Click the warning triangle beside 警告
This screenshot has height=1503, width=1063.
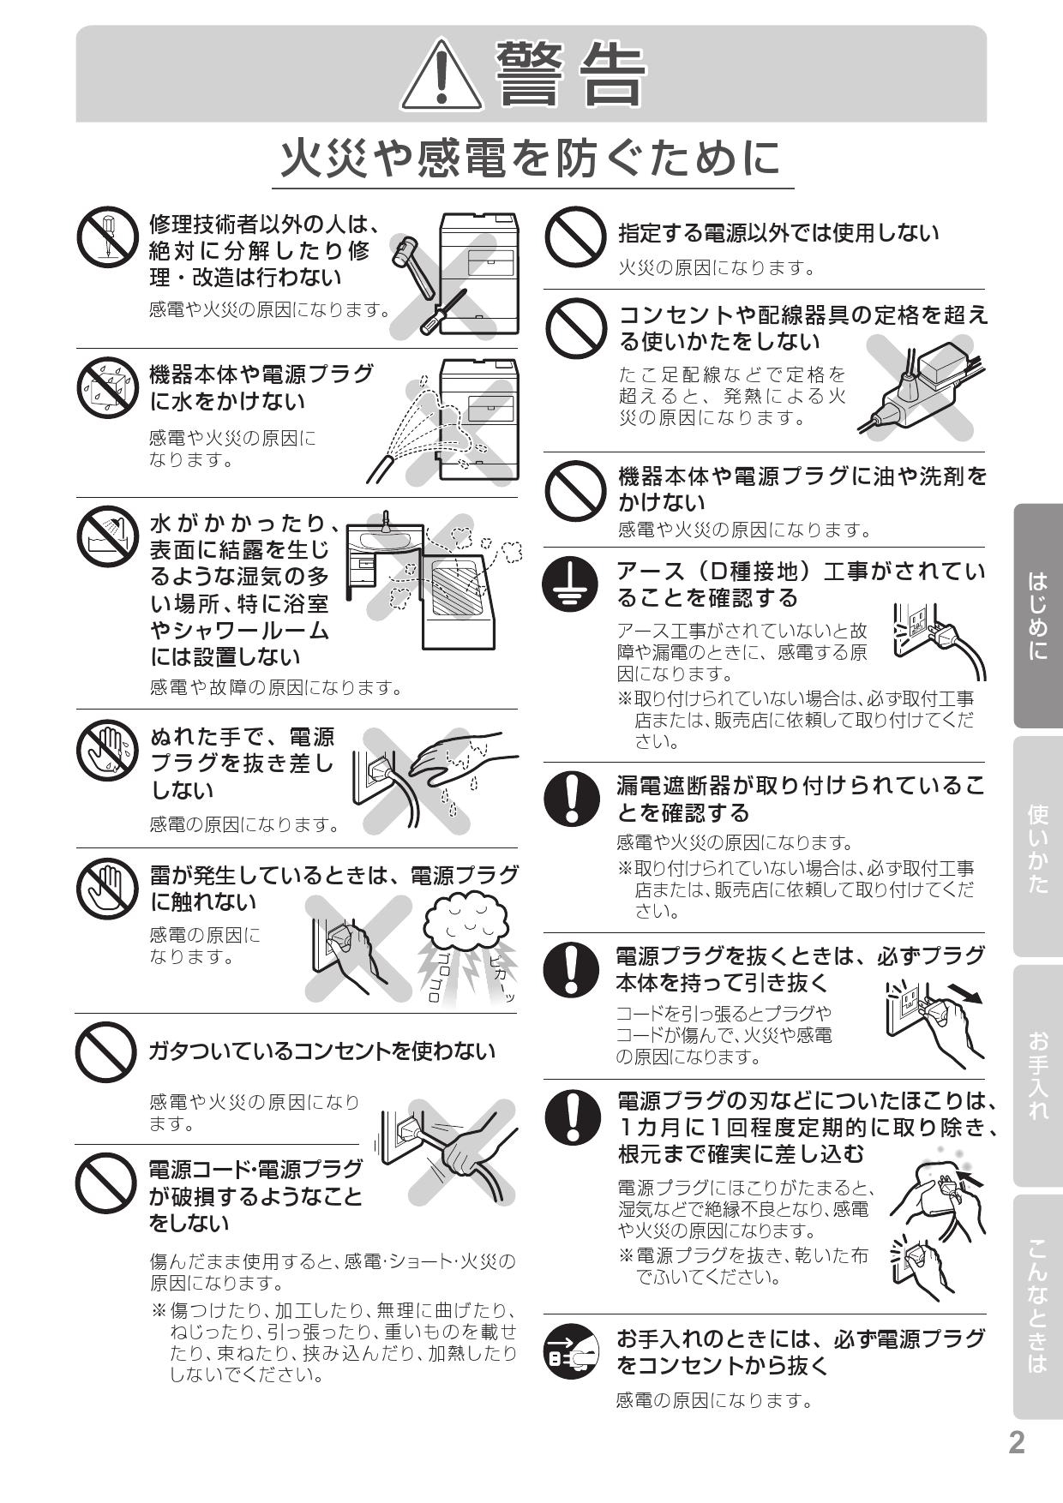pos(442,75)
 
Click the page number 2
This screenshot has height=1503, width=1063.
pos(1016,1442)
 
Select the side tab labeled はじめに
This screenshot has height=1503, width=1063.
pos(1037,615)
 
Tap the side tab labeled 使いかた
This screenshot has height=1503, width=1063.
pos(1037,847)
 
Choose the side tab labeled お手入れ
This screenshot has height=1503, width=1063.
pos(1037,1076)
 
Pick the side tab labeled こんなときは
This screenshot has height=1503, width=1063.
pos(1037,1306)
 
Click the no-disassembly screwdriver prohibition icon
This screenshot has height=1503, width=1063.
pos(107,237)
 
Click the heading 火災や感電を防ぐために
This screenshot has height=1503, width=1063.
pos(531,159)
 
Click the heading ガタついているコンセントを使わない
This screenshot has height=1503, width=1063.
pos(321,1051)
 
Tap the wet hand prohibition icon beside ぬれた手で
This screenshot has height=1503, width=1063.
pos(107,749)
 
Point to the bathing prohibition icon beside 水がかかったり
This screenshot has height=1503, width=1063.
pos(107,536)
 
